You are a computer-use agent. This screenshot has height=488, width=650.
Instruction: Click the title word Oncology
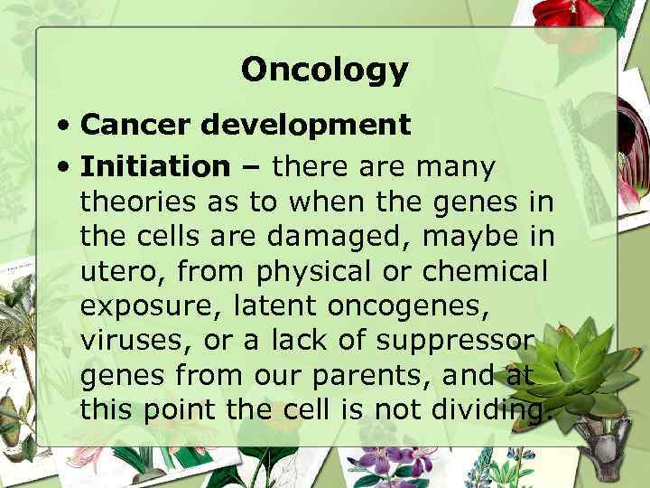click(x=324, y=70)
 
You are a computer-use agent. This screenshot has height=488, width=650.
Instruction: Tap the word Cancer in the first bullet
click(x=135, y=124)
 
